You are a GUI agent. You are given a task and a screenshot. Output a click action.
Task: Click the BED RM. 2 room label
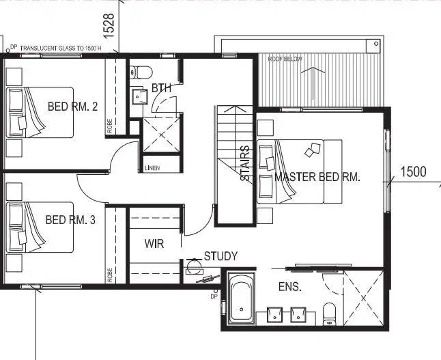(73, 107)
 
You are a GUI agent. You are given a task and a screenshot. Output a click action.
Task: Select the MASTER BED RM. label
(317, 177)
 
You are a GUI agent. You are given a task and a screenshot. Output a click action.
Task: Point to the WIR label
(154, 244)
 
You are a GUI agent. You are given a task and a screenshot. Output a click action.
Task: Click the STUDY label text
(220, 256)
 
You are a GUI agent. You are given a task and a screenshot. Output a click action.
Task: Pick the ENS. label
(289, 288)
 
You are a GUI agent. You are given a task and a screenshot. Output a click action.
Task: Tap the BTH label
(162, 88)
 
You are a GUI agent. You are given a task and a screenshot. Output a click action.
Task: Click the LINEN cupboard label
(153, 168)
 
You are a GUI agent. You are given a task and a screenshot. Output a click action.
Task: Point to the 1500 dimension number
(412, 171)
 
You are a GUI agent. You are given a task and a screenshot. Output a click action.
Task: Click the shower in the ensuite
(363, 298)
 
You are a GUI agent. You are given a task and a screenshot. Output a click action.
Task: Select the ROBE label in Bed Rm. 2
(110, 126)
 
